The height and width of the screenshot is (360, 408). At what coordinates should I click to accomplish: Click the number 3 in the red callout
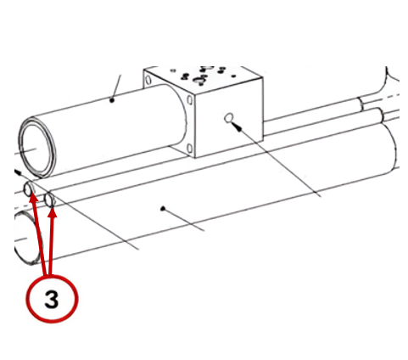point(52,300)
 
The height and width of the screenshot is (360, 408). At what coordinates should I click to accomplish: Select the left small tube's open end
point(28,188)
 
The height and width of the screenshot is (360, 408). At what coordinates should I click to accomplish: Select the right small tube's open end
point(50,200)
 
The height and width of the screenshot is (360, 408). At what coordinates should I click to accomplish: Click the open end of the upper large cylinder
point(36,148)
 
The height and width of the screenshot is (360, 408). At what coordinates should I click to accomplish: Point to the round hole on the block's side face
point(229,117)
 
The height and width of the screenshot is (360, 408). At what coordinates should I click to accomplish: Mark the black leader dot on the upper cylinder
point(112,100)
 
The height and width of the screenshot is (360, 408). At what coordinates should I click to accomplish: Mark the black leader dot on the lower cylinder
point(162,209)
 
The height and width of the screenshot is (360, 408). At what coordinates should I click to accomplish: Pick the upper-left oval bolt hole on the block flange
point(148,80)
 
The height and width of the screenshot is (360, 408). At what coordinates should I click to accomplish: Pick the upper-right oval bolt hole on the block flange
point(190,100)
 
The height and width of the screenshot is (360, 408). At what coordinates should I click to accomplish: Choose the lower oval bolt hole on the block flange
point(190,148)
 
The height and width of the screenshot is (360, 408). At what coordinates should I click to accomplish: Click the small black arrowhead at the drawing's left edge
point(18,172)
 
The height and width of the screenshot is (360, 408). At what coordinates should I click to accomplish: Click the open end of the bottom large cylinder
point(28,238)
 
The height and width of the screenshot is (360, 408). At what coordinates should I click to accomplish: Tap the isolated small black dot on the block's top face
point(233,76)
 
